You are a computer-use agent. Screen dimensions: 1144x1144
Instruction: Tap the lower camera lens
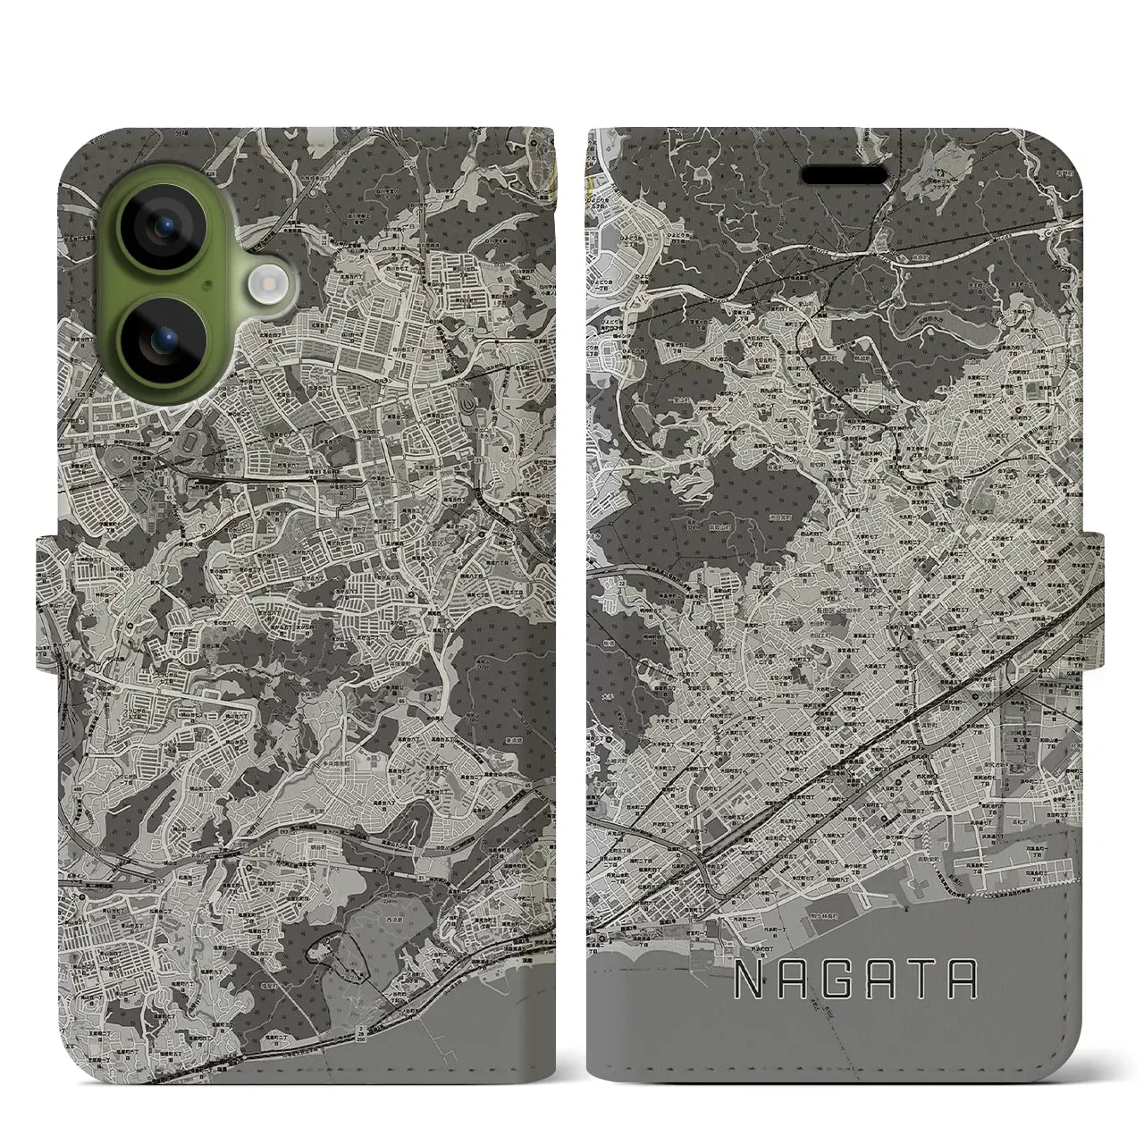pyautogui.click(x=165, y=340)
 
